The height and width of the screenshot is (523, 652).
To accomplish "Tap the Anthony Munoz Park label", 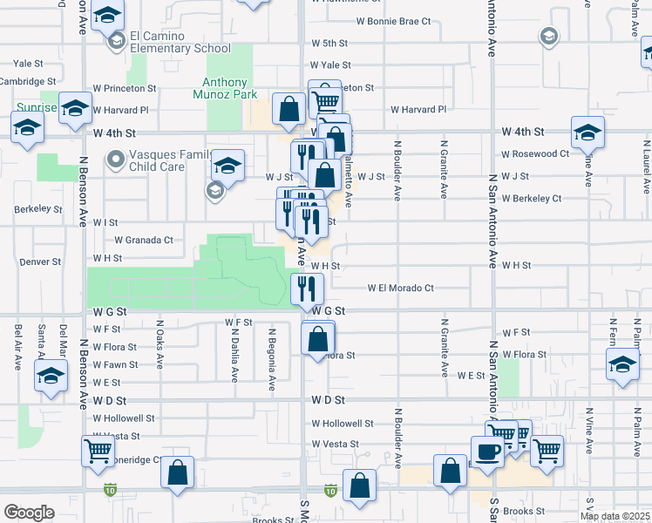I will point(230,87).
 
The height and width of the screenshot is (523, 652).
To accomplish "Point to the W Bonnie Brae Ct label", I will point(394,21).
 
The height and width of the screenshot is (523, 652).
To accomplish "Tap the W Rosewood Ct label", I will point(534,153).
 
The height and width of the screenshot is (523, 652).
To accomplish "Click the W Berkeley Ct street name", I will point(531,199).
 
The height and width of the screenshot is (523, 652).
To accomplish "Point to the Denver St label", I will point(41,261).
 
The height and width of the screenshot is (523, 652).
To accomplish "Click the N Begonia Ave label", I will point(272,358).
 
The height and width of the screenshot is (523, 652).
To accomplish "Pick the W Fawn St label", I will point(116,364).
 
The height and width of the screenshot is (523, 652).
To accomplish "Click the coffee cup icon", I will point(486,452).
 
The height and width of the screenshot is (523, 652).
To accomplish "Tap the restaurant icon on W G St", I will point(307,288).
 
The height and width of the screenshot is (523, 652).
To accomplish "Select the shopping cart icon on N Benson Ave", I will point(98,452).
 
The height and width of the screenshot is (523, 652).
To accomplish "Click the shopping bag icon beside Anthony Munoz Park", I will point(289,109).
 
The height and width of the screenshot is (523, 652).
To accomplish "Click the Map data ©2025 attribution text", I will point(615,516).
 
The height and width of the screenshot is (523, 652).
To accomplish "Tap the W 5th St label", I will point(329,43).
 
